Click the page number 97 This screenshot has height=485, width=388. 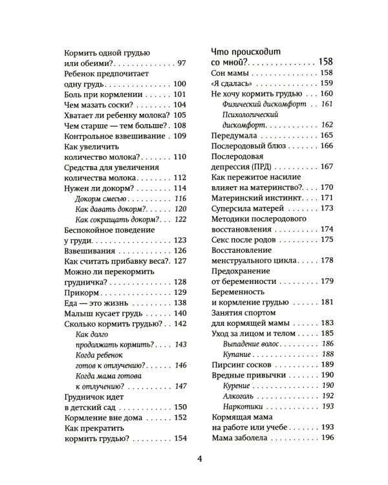click(181, 63)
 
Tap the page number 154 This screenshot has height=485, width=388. click(180, 438)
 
